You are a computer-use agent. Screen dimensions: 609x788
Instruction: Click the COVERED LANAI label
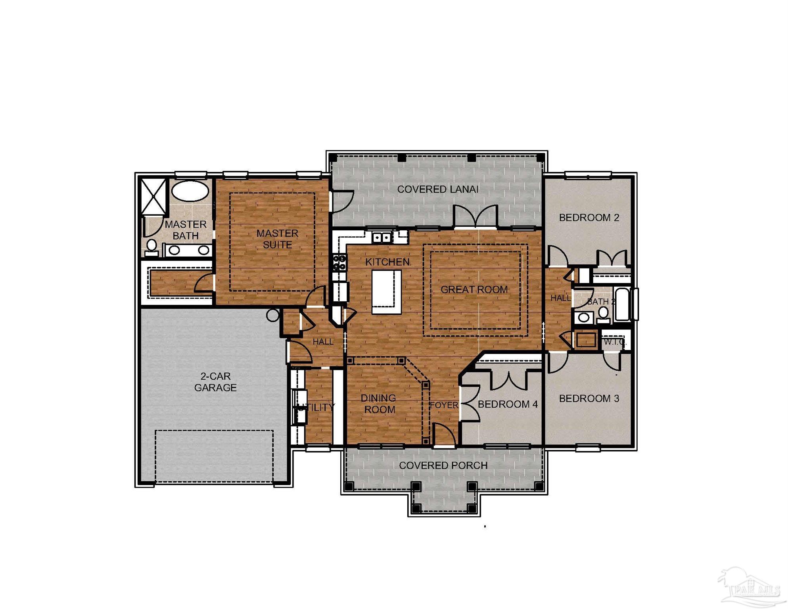tap(437, 190)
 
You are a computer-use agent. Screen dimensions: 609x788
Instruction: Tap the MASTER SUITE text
tap(277, 239)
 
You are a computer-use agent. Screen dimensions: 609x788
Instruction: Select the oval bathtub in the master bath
tap(190, 191)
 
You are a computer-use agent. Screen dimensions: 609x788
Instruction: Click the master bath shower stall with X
tap(154, 197)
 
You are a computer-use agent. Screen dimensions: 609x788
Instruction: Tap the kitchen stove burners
tap(339, 262)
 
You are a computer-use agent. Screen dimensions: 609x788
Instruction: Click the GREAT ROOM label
tap(474, 290)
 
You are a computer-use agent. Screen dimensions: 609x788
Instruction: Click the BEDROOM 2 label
tap(589, 218)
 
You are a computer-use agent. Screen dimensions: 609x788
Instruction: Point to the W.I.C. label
tap(614, 342)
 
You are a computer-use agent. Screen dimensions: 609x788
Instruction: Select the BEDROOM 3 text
tap(589, 398)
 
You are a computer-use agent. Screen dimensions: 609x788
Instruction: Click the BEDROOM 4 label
tap(508, 404)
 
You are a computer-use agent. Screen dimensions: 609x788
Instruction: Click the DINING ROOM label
tap(379, 404)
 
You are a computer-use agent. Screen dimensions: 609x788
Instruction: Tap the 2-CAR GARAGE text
tap(215, 382)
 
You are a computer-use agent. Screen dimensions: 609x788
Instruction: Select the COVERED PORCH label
tap(443, 465)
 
